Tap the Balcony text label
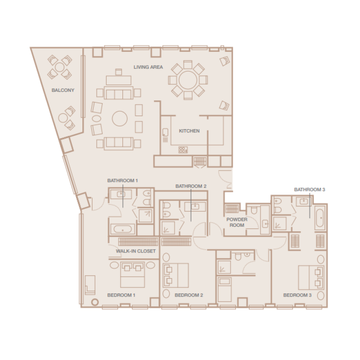[x=63, y=90]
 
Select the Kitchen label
[x=189, y=131]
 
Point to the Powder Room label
[x=237, y=222]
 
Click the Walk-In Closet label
[x=135, y=251]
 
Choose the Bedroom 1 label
[x=121, y=295]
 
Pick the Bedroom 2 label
[x=189, y=295]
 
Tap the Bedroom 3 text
[x=297, y=295]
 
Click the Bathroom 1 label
[x=122, y=180]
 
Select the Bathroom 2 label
[x=191, y=186]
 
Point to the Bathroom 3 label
[x=310, y=189]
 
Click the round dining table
[x=188, y=80]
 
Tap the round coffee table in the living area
[x=120, y=118]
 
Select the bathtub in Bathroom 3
[x=320, y=218]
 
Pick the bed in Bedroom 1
[x=132, y=274]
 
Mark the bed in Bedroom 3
[x=311, y=277]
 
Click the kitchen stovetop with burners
[x=183, y=150]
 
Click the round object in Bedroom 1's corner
[x=94, y=302]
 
